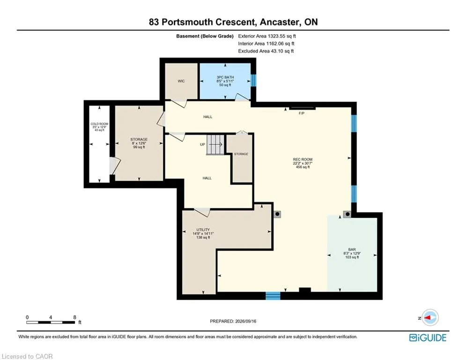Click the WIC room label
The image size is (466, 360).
(181, 81)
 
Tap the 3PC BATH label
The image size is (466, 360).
(225, 77)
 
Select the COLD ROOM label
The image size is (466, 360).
(100, 124)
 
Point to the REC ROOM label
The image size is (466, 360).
(303, 159)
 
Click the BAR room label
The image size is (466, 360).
(352, 250)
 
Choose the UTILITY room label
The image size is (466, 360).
(203, 230)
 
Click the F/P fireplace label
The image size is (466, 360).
(301, 113)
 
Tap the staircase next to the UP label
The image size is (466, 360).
(215, 144)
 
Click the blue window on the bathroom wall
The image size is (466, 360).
(253, 80)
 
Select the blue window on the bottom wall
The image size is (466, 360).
(273, 296)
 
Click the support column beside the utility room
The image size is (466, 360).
(277, 214)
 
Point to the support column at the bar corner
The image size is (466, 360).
(347, 214)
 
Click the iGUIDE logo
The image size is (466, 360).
(428, 337)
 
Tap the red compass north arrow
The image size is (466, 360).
(428, 317)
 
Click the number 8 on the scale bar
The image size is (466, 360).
(75, 317)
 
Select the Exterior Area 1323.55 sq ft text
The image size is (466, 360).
(267, 36)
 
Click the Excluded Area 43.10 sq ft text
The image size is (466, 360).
(266, 51)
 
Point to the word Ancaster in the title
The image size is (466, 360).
(279, 22)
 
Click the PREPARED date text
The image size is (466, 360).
(233, 321)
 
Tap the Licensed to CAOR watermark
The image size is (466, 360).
(27, 356)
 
